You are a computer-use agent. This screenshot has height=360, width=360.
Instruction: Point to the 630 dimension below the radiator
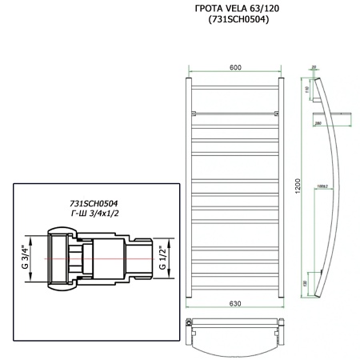click(x=234, y=305)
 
